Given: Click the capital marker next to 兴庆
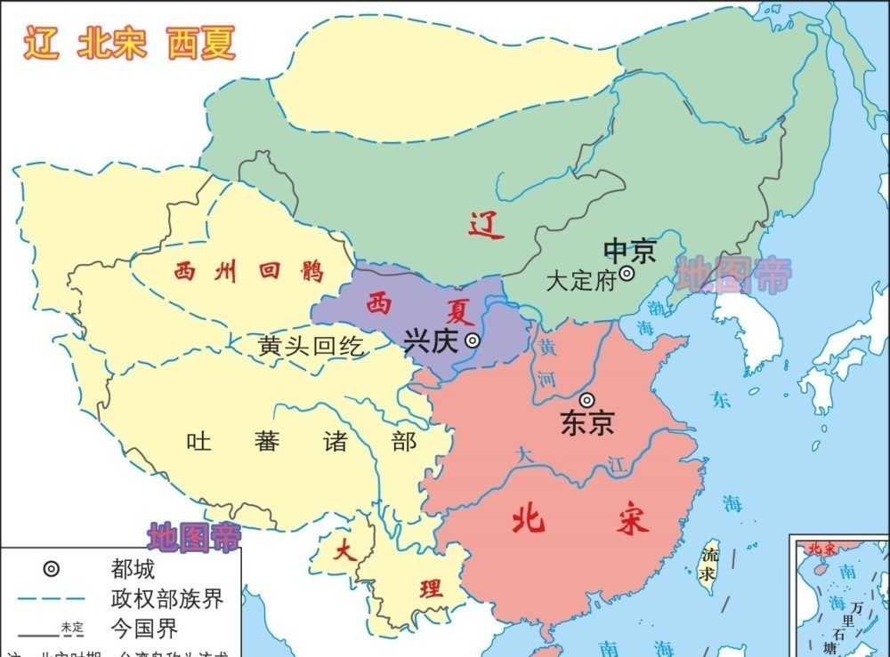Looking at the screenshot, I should click(473, 339).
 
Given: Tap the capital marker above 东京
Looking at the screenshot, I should click(587, 400).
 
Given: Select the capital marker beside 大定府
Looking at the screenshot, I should click(627, 274).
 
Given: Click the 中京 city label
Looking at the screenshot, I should click(629, 250).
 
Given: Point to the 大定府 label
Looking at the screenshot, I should click(581, 282).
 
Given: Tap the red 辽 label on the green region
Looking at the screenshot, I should click(487, 226).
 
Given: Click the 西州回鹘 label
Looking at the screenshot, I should click(248, 272).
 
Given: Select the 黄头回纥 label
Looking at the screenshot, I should click(311, 346).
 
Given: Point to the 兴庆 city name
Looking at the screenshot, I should click(432, 341).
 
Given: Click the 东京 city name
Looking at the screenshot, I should click(587, 423).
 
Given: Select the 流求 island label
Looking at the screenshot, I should click(708, 564).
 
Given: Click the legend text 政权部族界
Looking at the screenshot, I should click(166, 598).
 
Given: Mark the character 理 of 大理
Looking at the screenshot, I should click(431, 588).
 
